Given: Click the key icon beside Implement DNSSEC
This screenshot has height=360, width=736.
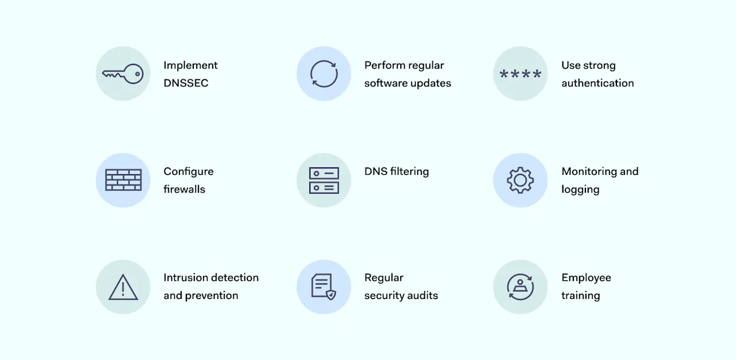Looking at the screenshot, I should (122, 74).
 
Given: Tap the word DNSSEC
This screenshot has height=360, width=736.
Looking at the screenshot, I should (186, 83).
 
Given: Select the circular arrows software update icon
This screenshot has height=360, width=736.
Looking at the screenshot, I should (324, 74).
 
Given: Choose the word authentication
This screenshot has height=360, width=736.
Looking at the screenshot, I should (597, 83).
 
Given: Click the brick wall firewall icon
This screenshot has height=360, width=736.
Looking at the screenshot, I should (123, 180).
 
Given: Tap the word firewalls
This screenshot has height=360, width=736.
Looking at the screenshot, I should (184, 189).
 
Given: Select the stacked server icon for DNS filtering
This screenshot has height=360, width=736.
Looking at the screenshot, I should (324, 180).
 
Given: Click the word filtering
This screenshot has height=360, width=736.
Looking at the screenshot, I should (409, 171).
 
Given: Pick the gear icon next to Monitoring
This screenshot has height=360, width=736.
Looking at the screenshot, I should (520, 180).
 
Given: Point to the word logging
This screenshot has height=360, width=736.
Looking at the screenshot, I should (580, 190).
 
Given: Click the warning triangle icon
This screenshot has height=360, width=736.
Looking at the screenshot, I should (123, 287).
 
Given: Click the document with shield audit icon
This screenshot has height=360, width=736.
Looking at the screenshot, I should (323, 286).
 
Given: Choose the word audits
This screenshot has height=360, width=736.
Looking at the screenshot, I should (423, 296).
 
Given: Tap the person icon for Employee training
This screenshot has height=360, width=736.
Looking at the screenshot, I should (520, 286).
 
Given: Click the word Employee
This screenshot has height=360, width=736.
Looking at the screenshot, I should (586, 278).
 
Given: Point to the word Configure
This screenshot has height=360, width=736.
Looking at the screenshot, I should (188, 171).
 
